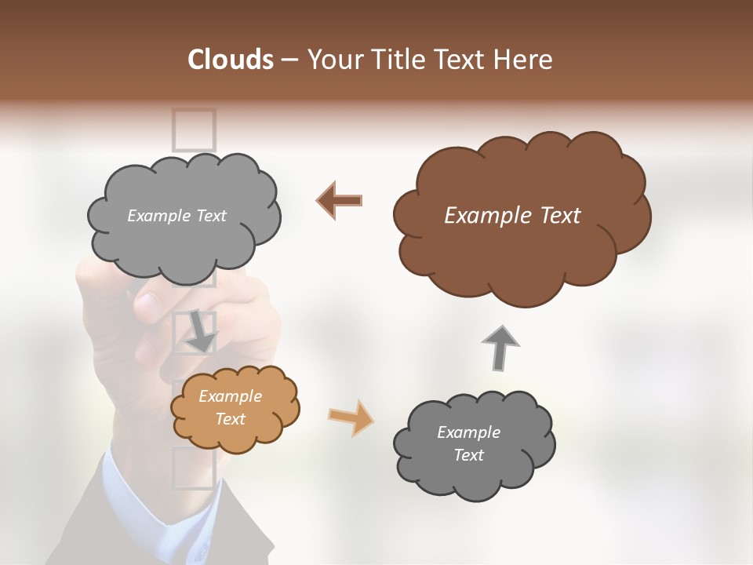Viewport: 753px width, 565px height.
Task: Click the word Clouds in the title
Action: tap(231, 60)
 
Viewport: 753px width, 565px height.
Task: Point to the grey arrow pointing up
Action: tap(500, 347)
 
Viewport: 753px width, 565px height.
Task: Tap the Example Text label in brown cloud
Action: tap(512, 216)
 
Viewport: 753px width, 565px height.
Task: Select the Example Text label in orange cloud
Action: tap(230, 408)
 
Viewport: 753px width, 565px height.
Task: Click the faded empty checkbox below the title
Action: tap(194, 129)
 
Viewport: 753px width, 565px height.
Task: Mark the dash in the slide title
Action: tap(289, 60)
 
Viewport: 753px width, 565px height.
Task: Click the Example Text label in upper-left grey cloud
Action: tap(176, 216)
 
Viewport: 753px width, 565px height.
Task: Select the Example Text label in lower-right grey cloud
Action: tap(468, 443)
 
